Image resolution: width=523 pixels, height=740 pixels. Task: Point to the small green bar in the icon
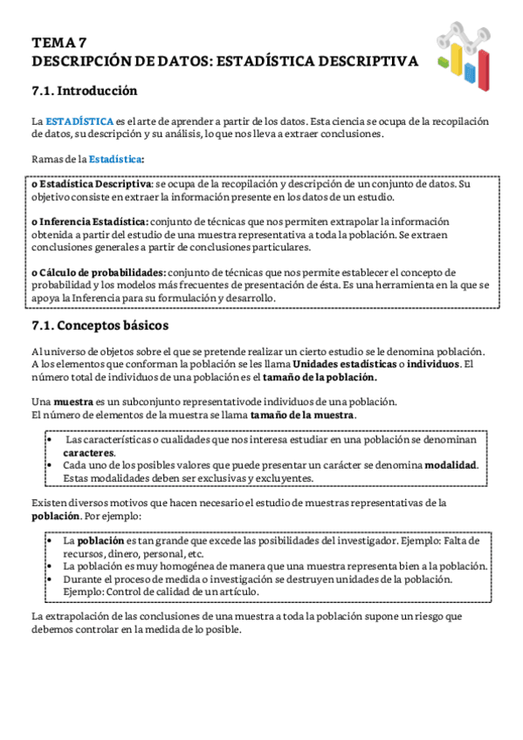pos(444,63)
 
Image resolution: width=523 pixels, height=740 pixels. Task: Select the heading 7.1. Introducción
pos(84,91)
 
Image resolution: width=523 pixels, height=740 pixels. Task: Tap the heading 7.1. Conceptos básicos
pos(100,326)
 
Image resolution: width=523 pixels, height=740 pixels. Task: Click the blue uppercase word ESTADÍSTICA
pos(79,120)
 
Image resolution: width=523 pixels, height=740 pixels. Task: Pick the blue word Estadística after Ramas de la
pos(116,159)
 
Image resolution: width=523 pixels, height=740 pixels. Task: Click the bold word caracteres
pos(89,453)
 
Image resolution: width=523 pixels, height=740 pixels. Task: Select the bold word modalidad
pos(451,465)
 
